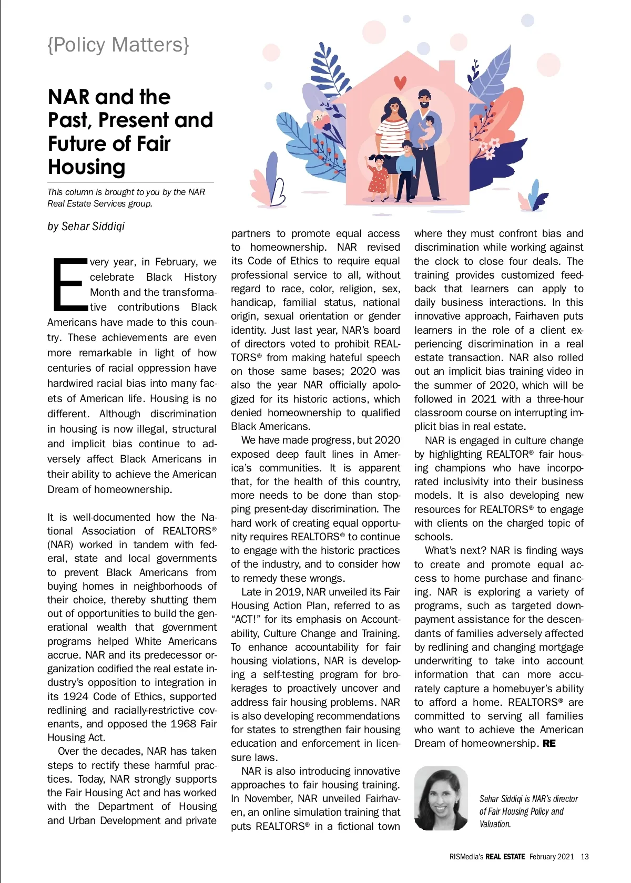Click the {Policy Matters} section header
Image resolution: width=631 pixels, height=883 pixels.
pyautogui.click(x=118, y=45)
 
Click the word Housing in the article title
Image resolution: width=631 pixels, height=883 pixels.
pyautogui.click(x=87, y=167)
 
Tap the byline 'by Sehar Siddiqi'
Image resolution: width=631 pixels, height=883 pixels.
pyautogui.click(x=86, y=227)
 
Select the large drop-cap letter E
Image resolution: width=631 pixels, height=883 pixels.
pyautogui.click(x=69, y=284)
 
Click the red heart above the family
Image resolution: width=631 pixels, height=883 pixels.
pyautogui.click(x=400, y=83)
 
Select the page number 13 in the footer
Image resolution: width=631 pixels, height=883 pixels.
pyautogui.click(x=585, y=857)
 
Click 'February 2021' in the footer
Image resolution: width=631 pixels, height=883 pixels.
pyautogui.click(x=552, y=857)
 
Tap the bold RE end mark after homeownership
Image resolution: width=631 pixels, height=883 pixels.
pyautogui.click(x=549, y=744)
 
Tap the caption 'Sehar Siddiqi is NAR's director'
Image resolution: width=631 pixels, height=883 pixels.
pyautogui.click(x=528, y=799)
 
